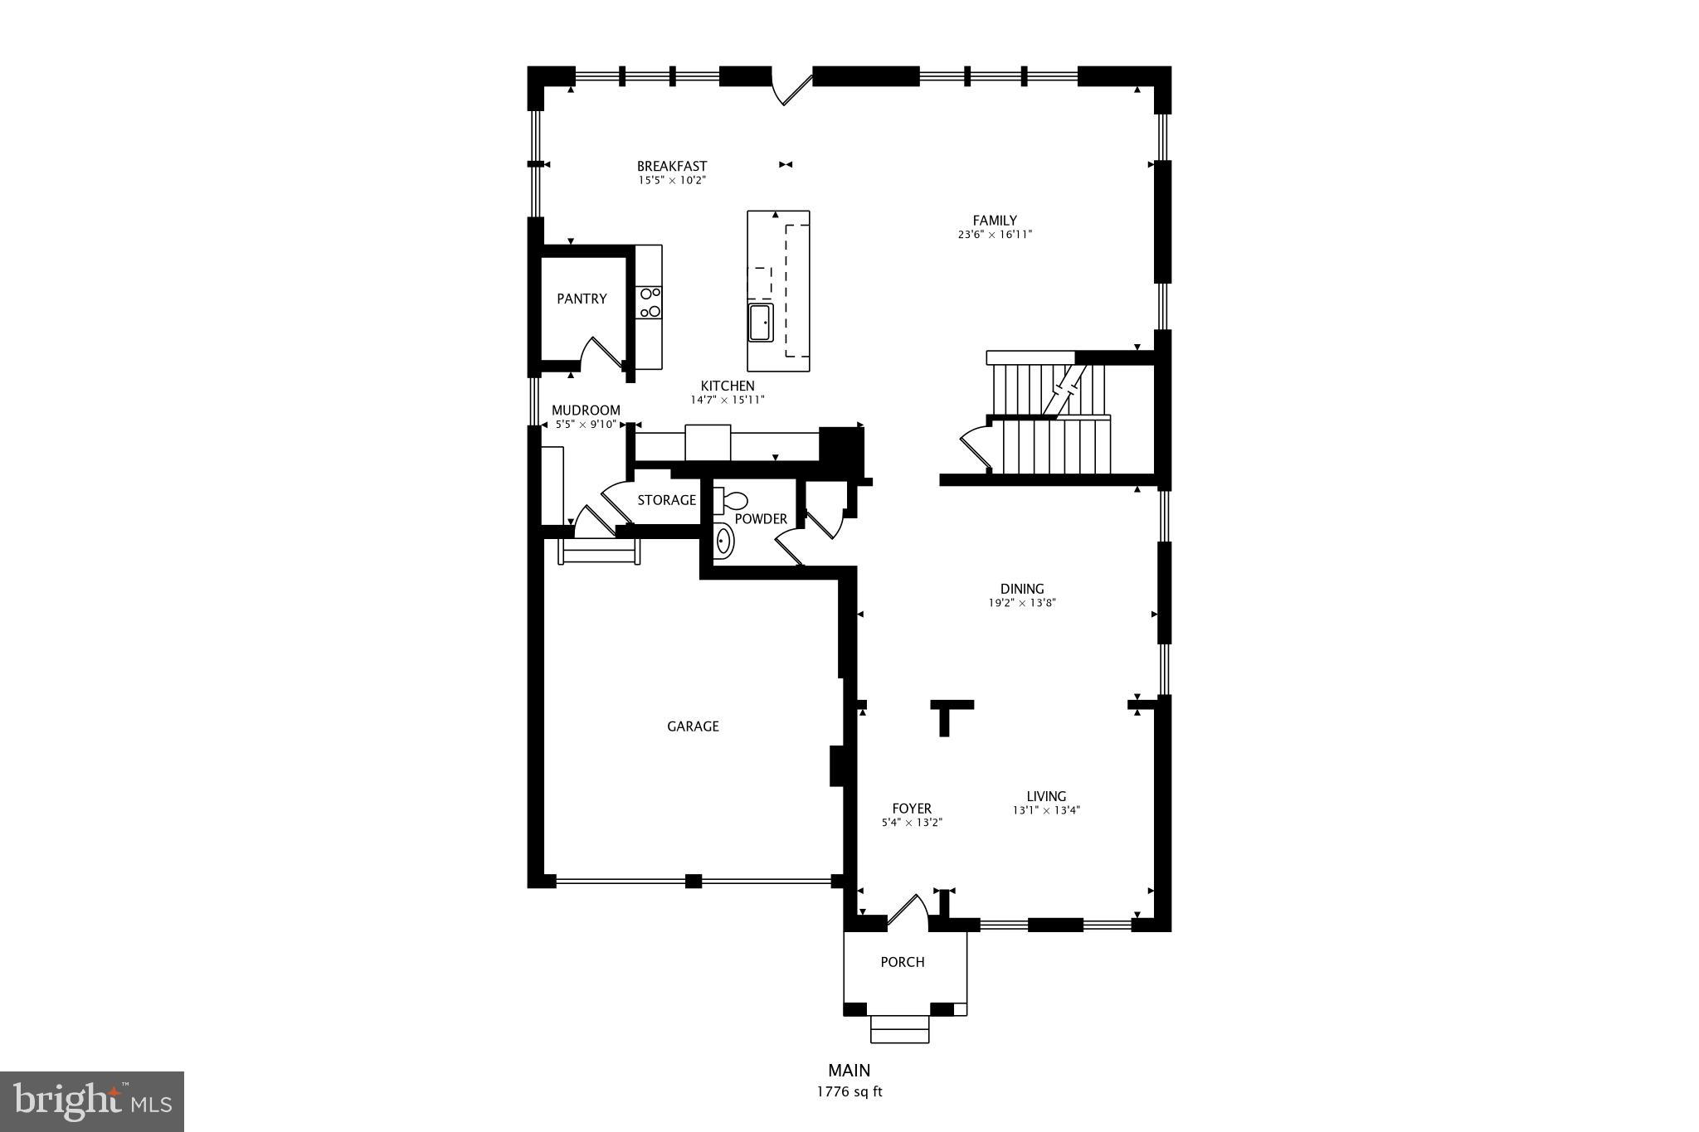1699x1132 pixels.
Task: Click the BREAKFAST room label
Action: point(671,166)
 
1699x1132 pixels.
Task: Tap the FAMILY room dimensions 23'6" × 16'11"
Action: point(994,235)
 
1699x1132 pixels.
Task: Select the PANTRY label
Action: point(582,299)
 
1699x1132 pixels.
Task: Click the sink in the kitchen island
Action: point(761,323)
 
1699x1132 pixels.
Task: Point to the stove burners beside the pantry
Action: point(650,303)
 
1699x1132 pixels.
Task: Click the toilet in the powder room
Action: point(731,501)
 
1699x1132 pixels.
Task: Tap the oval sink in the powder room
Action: point(724,542)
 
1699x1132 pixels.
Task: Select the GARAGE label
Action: point(693,726)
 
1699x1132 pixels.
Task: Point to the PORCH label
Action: point(902,962)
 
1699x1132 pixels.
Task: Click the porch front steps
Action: point(899,1029)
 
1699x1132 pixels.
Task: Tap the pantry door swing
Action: point(599,353)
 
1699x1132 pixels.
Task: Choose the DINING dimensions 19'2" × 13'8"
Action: point(1021,604)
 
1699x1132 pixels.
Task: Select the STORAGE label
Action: point(666,500)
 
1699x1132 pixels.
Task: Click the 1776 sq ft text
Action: point(849,1092)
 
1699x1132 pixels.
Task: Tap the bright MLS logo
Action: point(92,1101)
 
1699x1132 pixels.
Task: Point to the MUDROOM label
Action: point(586,411)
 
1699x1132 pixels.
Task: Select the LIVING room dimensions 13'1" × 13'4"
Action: point(1045,811)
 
